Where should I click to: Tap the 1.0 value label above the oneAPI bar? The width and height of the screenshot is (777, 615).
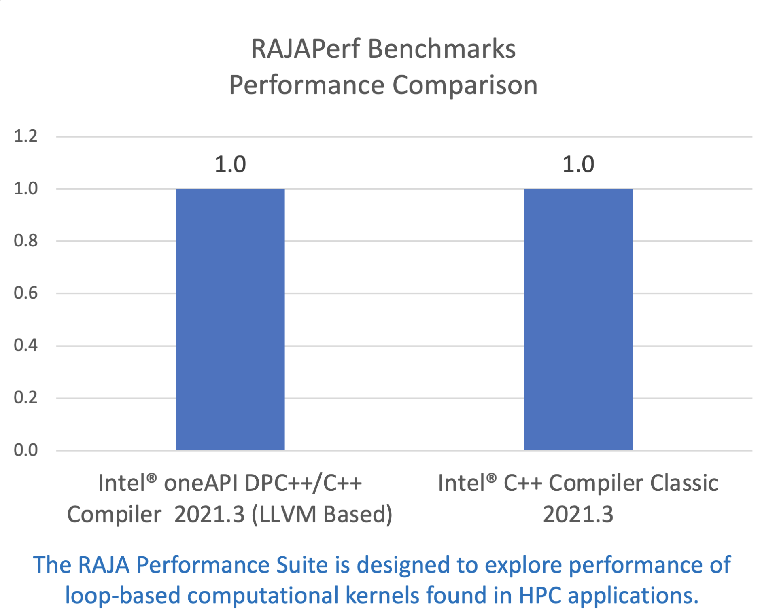[x=230, y=164]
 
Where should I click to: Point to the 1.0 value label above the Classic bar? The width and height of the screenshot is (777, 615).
[x=578, y=164]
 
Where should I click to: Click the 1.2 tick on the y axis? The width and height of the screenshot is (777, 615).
[x=25, y=136]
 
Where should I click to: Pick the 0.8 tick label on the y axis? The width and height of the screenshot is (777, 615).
[x=25, y=241]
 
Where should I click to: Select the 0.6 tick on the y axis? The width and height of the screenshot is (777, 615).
[x=25, y=293]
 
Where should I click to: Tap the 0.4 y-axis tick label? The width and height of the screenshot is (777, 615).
[x=25, y=345]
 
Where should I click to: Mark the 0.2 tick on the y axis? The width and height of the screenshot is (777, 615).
[x=25, y=397]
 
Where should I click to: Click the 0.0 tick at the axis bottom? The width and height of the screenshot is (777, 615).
[x=25, y=450]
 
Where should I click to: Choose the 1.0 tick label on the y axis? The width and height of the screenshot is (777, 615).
[x=25, y=189]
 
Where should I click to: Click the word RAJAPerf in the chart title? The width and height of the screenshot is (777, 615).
[x=305, y=49]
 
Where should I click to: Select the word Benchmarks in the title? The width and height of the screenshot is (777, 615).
[x=442, y=49]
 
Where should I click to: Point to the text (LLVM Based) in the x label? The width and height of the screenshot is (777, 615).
[x=322, y=515]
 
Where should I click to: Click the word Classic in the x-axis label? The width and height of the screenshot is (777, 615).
[x=684, y=483]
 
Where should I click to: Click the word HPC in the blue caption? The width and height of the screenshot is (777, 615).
[x=540, y=596]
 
